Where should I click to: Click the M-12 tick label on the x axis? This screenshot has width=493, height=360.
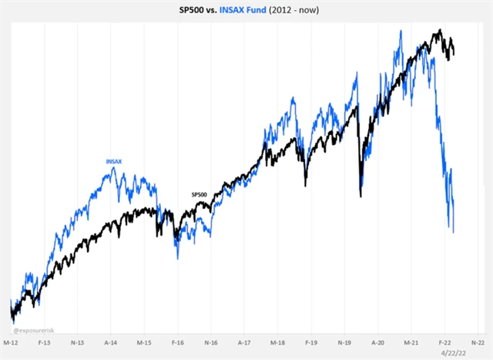point(12,340)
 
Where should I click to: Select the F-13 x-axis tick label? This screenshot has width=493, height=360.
point(45,340)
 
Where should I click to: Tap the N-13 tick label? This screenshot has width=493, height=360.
point(78,340)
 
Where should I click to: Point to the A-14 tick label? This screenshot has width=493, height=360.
point(111,340)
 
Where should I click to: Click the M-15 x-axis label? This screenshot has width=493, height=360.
point(145,340)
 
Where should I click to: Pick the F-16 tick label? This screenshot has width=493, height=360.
point(178,340)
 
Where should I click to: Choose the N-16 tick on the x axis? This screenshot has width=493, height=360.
point(211,340)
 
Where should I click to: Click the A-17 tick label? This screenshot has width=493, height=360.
point(244,340)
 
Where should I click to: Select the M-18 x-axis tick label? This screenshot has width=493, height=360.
point(278,340)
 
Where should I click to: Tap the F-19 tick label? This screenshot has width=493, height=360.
point(311,340)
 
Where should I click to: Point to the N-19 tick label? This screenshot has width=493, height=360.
point(344,340)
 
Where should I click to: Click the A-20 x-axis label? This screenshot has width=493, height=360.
point(378,340)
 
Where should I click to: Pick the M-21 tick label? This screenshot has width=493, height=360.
point(411,340)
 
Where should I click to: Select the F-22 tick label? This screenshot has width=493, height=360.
point(444,340)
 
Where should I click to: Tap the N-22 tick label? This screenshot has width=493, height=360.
point(478,340)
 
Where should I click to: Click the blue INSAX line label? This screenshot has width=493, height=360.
point(114,161)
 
